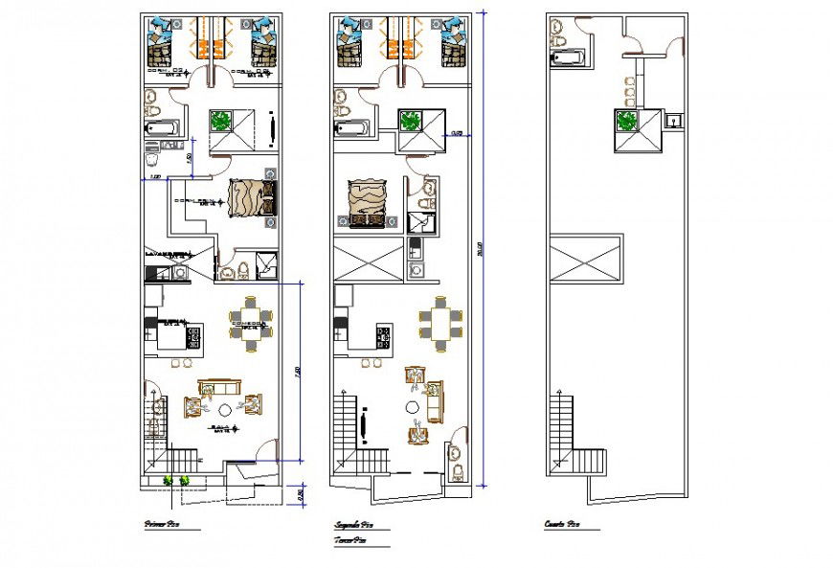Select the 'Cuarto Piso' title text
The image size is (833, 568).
[561, 525]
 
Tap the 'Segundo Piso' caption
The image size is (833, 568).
[353, 525]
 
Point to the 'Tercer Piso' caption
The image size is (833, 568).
[351, 541]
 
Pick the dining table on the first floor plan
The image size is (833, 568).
[250, 319]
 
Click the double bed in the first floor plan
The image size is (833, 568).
[250, 197]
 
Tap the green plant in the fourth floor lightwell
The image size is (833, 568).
[627, 121]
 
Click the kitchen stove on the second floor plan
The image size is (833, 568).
[384, 336]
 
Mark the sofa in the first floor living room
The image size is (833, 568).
[219, 387]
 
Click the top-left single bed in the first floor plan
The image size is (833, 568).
[161, 43]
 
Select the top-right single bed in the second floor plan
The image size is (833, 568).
[451, 43]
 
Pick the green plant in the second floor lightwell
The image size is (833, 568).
[412, 121]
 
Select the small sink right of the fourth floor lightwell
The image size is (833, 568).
[674, 121]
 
